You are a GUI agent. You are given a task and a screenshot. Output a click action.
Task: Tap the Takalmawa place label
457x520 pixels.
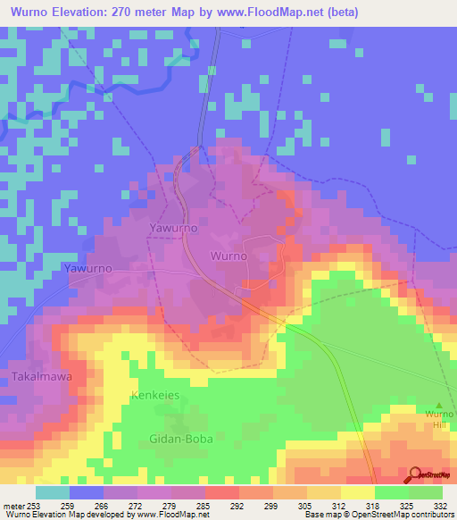point(42,377)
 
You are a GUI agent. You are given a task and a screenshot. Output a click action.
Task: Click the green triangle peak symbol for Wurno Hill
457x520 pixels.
point(437,406)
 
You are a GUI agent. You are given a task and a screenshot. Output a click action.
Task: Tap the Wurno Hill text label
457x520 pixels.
point(438,420)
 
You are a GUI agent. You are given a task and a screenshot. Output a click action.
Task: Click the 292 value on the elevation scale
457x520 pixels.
point(237,504)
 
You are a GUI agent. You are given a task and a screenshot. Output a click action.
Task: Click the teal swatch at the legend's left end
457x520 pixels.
point(53,492)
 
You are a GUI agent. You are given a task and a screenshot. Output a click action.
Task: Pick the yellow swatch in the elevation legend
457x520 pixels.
point(357,492)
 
